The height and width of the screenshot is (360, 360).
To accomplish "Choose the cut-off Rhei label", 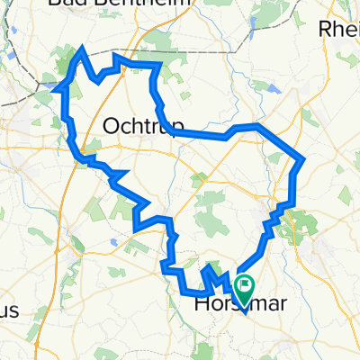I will pyautogui.click(x=340, y=29).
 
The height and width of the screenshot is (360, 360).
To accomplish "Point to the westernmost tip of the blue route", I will pyautogui.click(x=58, y=89).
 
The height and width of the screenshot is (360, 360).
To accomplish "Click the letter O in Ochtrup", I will pyautogui.click(x=112, y=127).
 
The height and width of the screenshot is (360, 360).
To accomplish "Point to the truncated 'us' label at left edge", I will pyautogui.click(x=9, y=310).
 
